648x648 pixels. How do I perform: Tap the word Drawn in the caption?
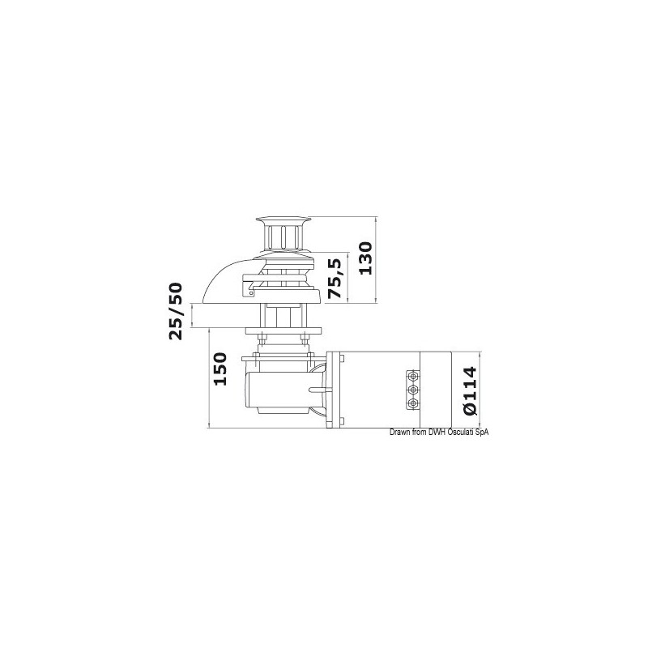pos(401,432)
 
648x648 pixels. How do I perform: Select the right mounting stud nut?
pos(305,337)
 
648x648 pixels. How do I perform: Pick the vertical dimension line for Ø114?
pos(480,388)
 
